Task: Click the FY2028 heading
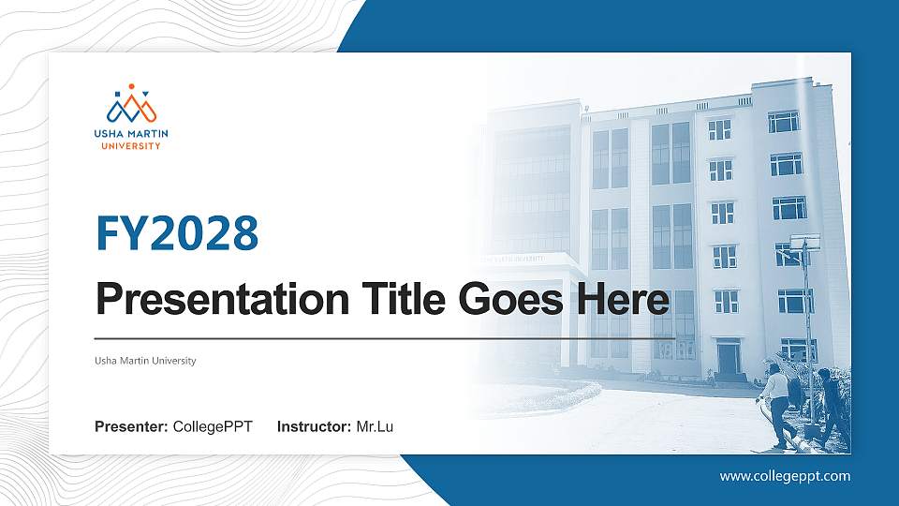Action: point(177,233)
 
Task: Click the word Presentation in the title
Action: point(223,299)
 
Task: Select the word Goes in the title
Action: point(511,299)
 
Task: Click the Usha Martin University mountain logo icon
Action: point(131,104)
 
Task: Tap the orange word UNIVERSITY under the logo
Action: point(131,146)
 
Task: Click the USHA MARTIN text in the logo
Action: point(131,134)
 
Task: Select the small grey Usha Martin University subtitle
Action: point(145,361)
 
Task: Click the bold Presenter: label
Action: point(131,427)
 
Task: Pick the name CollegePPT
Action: point(213,427)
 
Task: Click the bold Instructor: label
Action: point(315,427)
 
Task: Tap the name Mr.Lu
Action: point(375,427)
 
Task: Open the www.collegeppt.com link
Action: point(785,476)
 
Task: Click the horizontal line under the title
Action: point(384,339)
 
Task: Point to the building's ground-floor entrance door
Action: point(729,359)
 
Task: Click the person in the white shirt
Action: point(775,406)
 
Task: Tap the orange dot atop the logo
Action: point(131,86)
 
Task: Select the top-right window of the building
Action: point(783,122)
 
